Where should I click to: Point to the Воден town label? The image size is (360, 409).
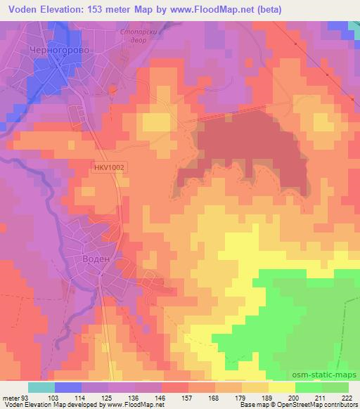96,259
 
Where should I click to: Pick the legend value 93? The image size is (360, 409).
25,398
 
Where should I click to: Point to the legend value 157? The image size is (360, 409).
187,398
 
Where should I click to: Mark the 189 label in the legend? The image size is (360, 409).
267,398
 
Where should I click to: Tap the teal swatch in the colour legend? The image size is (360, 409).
41,387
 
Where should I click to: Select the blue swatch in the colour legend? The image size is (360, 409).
68,387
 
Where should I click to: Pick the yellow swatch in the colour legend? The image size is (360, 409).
282,387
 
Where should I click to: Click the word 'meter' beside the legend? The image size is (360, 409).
11,398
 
